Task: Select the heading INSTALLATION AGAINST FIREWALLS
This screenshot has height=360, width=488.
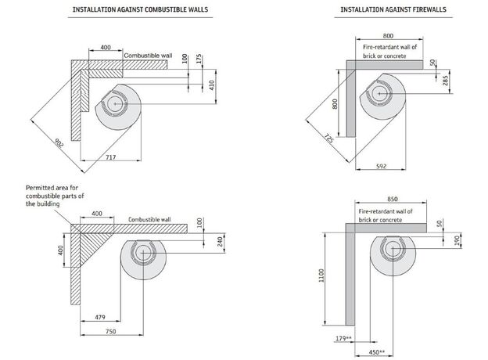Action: (x=382, y=10)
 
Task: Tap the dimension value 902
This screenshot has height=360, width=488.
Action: (x=59, y=143)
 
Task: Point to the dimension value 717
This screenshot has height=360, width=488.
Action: (x=111, y=159)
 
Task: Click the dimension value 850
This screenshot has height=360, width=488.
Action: (x=387, y=199)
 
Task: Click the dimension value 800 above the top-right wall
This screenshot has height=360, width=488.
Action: (x=388, y=36)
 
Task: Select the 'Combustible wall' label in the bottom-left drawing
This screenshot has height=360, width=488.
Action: (x=149, y=221)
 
